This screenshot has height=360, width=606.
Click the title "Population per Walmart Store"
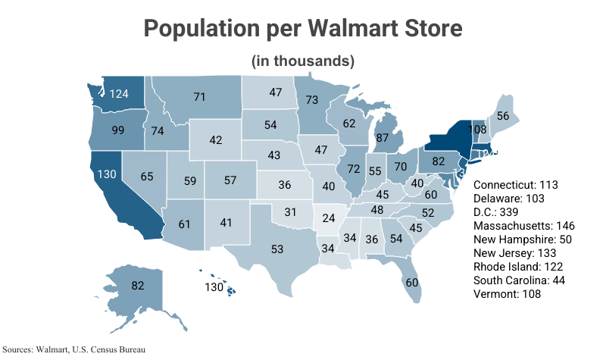[302, 30]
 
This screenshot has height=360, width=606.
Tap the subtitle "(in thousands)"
[302, 61]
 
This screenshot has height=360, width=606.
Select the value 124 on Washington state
[119, 94]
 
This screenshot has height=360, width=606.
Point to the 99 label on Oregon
[117, 130]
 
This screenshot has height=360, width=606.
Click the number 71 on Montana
[200, 97]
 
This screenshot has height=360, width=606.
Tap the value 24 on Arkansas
[326, 218]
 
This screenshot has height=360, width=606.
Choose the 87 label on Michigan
[383, 139]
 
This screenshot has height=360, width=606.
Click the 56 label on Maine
[501, 116]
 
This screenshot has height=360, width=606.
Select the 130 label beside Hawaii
[215, 287]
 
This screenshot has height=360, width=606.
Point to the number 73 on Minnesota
[311, 99]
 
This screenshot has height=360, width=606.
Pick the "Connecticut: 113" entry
[515, 185]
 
